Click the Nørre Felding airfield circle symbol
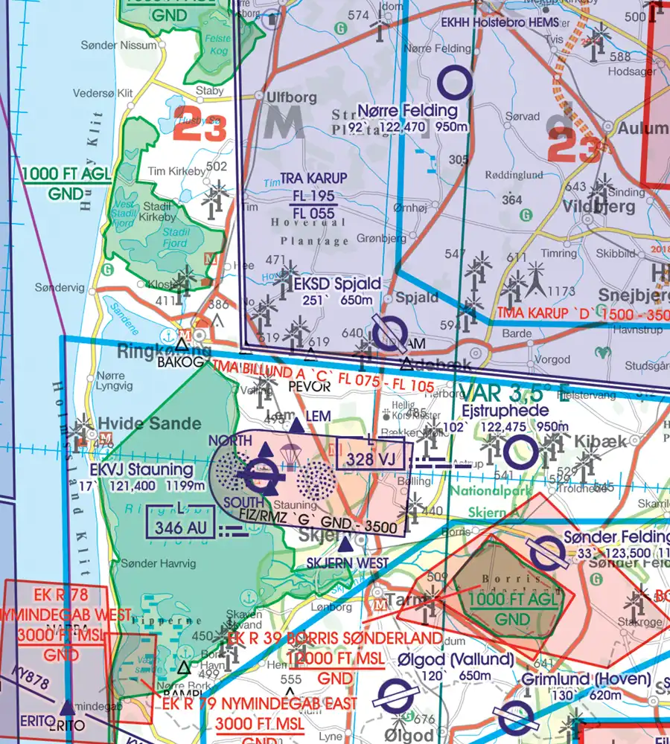pos(455,83)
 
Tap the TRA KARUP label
pos(313,179)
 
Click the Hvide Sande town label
pos(145,424)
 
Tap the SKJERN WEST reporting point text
pos(348,563)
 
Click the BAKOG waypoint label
pos(181,362)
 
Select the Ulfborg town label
pos(286,97)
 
